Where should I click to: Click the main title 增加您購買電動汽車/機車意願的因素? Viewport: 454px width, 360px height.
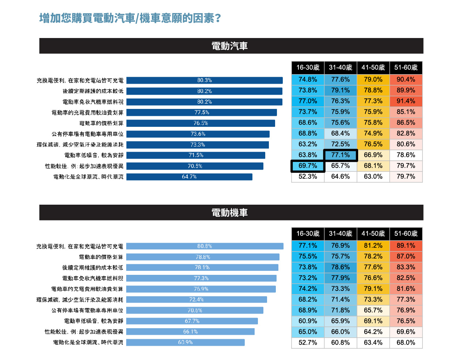pyautogui.click(x=130, y=18)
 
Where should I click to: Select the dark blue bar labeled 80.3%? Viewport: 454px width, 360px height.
pyautogui.click(x=205, y=80)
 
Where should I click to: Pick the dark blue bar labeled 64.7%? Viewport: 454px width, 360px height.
pyautogui.click(x=189, y=177)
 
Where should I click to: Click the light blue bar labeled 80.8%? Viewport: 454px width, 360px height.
pyautogui.click(x=205, y=246)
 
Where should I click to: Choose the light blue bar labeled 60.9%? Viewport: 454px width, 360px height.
pyautogui.click(x=185, y=342)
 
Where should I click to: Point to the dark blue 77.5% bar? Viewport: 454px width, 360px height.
pyautogui.click(x=202, y=113)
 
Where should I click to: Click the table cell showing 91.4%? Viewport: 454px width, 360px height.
pyautogui.click(x=406, y=101)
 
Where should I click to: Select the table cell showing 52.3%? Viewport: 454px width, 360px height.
pyautogui.click(x=308, y=177)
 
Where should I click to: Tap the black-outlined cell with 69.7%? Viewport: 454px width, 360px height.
pyautogui.click(x=308, y=166)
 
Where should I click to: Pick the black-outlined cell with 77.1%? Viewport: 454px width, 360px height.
pyautogui.click(x=341, y=155)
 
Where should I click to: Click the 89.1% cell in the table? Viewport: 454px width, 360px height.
pyautogui.click(x=406, y=246)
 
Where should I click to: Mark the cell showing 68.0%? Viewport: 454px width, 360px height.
pyautogui.click(x=406, y=343)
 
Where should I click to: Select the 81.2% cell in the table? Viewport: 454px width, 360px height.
pyautogui.click(x=373, y=246)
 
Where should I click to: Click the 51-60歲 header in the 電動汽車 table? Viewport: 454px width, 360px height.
pyautogui.click(x=406, y=68)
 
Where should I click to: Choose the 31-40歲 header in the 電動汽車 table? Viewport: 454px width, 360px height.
pyautogui.click(x=341, y=68)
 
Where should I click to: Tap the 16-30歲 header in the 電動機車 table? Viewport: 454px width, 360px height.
pyautogui.click(x=308, y=234)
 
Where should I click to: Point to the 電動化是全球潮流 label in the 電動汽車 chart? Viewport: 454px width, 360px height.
pyautogui.click(x=88, y=177)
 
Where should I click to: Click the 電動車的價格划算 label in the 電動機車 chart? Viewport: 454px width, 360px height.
pyautogui.click(x=101, y=257)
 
